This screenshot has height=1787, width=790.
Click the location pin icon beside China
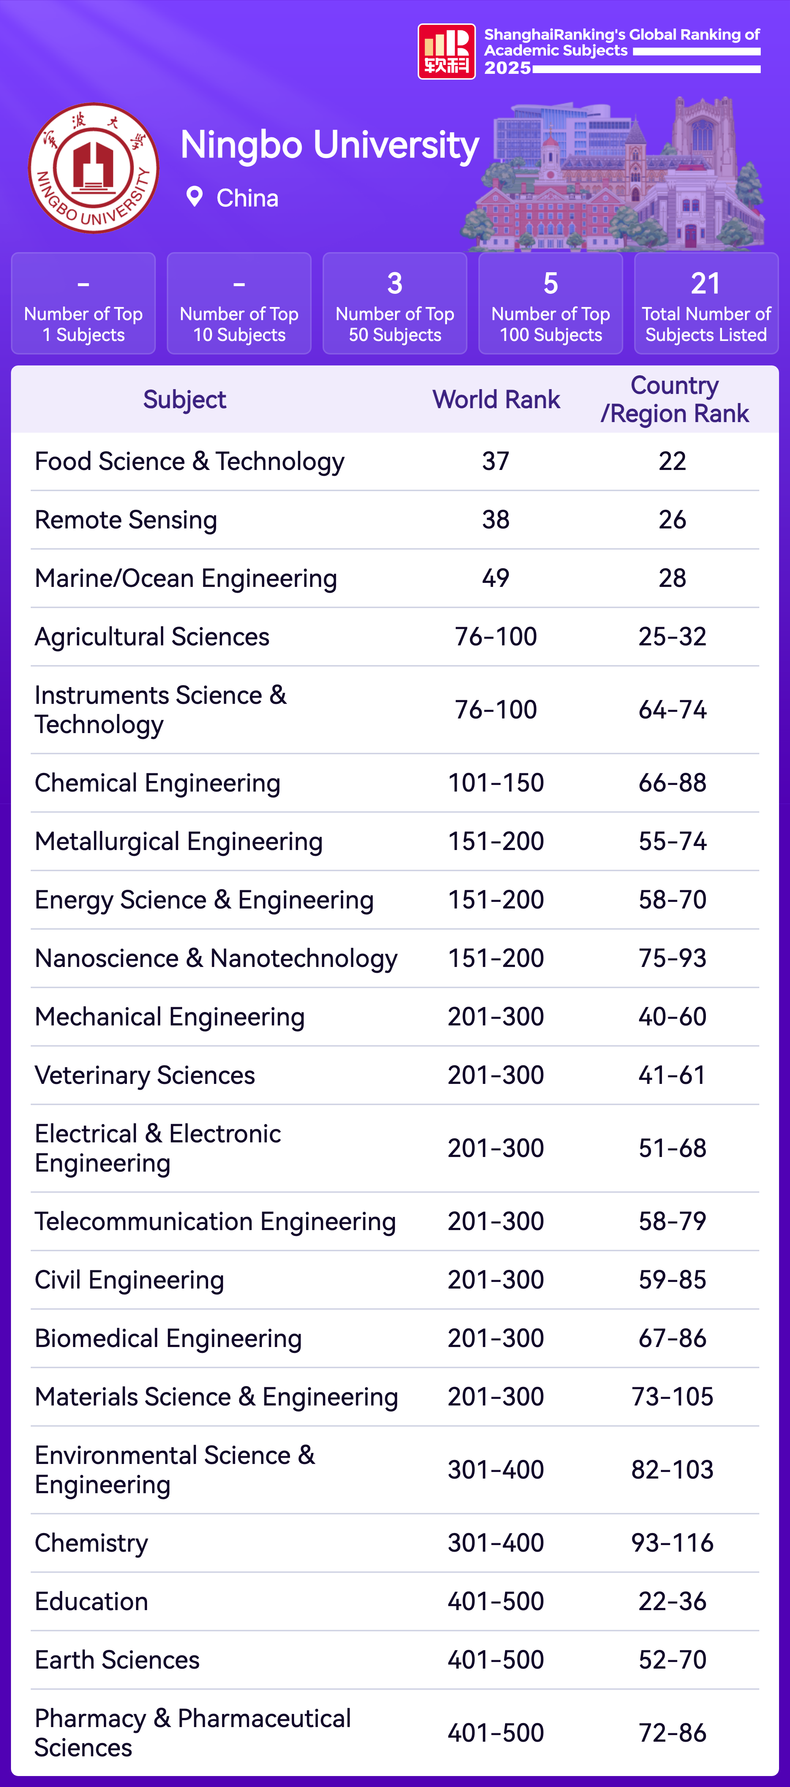click(194, 197)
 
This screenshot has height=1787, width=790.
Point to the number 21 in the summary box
click(705, 283)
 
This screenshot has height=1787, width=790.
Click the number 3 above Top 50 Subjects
click(394, 283)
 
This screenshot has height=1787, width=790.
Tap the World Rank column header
click(496, 399)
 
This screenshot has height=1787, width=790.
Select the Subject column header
click(185, 399)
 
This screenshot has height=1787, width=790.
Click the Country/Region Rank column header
click(674, 399)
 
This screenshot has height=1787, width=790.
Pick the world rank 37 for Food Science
click(496, 461)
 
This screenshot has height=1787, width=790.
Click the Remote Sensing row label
click(126, 520)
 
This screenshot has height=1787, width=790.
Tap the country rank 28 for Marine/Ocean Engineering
click(672, 578)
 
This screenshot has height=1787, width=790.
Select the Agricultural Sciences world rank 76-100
click(496, 636)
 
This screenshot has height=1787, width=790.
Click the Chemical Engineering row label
click(158, 782)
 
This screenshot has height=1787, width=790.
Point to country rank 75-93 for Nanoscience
click(672, 958)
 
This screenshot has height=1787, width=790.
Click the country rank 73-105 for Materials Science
click(672, 1396)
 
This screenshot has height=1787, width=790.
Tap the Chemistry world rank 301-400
click(496, 1543)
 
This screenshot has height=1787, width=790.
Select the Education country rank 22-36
click(672, 1601)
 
